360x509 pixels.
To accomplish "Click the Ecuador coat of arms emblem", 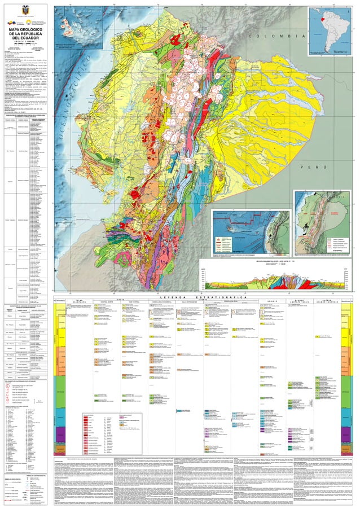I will point(23,10).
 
